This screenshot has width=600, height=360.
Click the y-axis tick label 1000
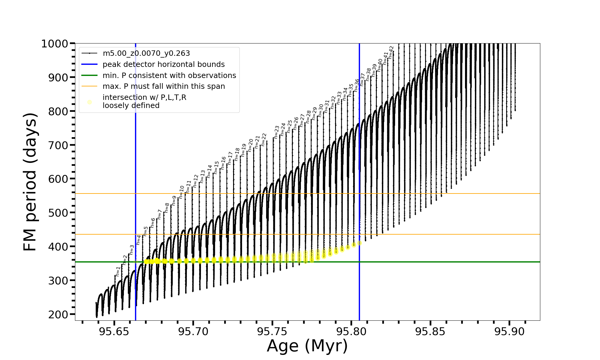pyautogui.click(x=54, y=44)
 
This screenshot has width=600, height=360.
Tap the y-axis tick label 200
pyautogui.click(x=58, y=314)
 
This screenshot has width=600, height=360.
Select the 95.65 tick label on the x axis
pyautogui.click(x=114, y=332)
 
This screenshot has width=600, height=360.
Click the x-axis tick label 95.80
pyautogui.click(x=351, y=332)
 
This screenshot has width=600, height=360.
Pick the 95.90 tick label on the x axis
pyautogui.click(x=509, y=332)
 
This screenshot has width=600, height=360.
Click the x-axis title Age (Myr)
pyautogui.click(x=307, y=346)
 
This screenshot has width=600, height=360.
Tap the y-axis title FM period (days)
pyautogui.click(x=30, y=182)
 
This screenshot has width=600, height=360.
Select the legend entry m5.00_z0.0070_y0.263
pyautogui.click(x=146, y=53)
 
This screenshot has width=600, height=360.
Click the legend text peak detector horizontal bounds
pyautogui.click(x=163, y=64)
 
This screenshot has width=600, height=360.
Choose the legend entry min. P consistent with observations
pyautogui.click(x=169, y=76)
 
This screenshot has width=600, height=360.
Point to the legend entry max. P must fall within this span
pyautogui.click(x=163, y=86)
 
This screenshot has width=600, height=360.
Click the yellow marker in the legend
pyautogui.click(x=89, y=102)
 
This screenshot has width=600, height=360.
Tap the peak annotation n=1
pyautogui.click(x=118, y=271)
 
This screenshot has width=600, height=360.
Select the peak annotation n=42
pyautogui.click(x=391, y=52)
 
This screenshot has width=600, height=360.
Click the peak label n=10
pyautogui.click(x=181, y=192)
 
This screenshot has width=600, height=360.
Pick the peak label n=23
pyautogui.click(x=277, y=132)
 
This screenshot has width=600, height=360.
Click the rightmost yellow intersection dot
pyautogui.click(x=359, y=243)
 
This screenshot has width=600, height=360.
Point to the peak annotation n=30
pyautogui.click(x=321, y=110)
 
